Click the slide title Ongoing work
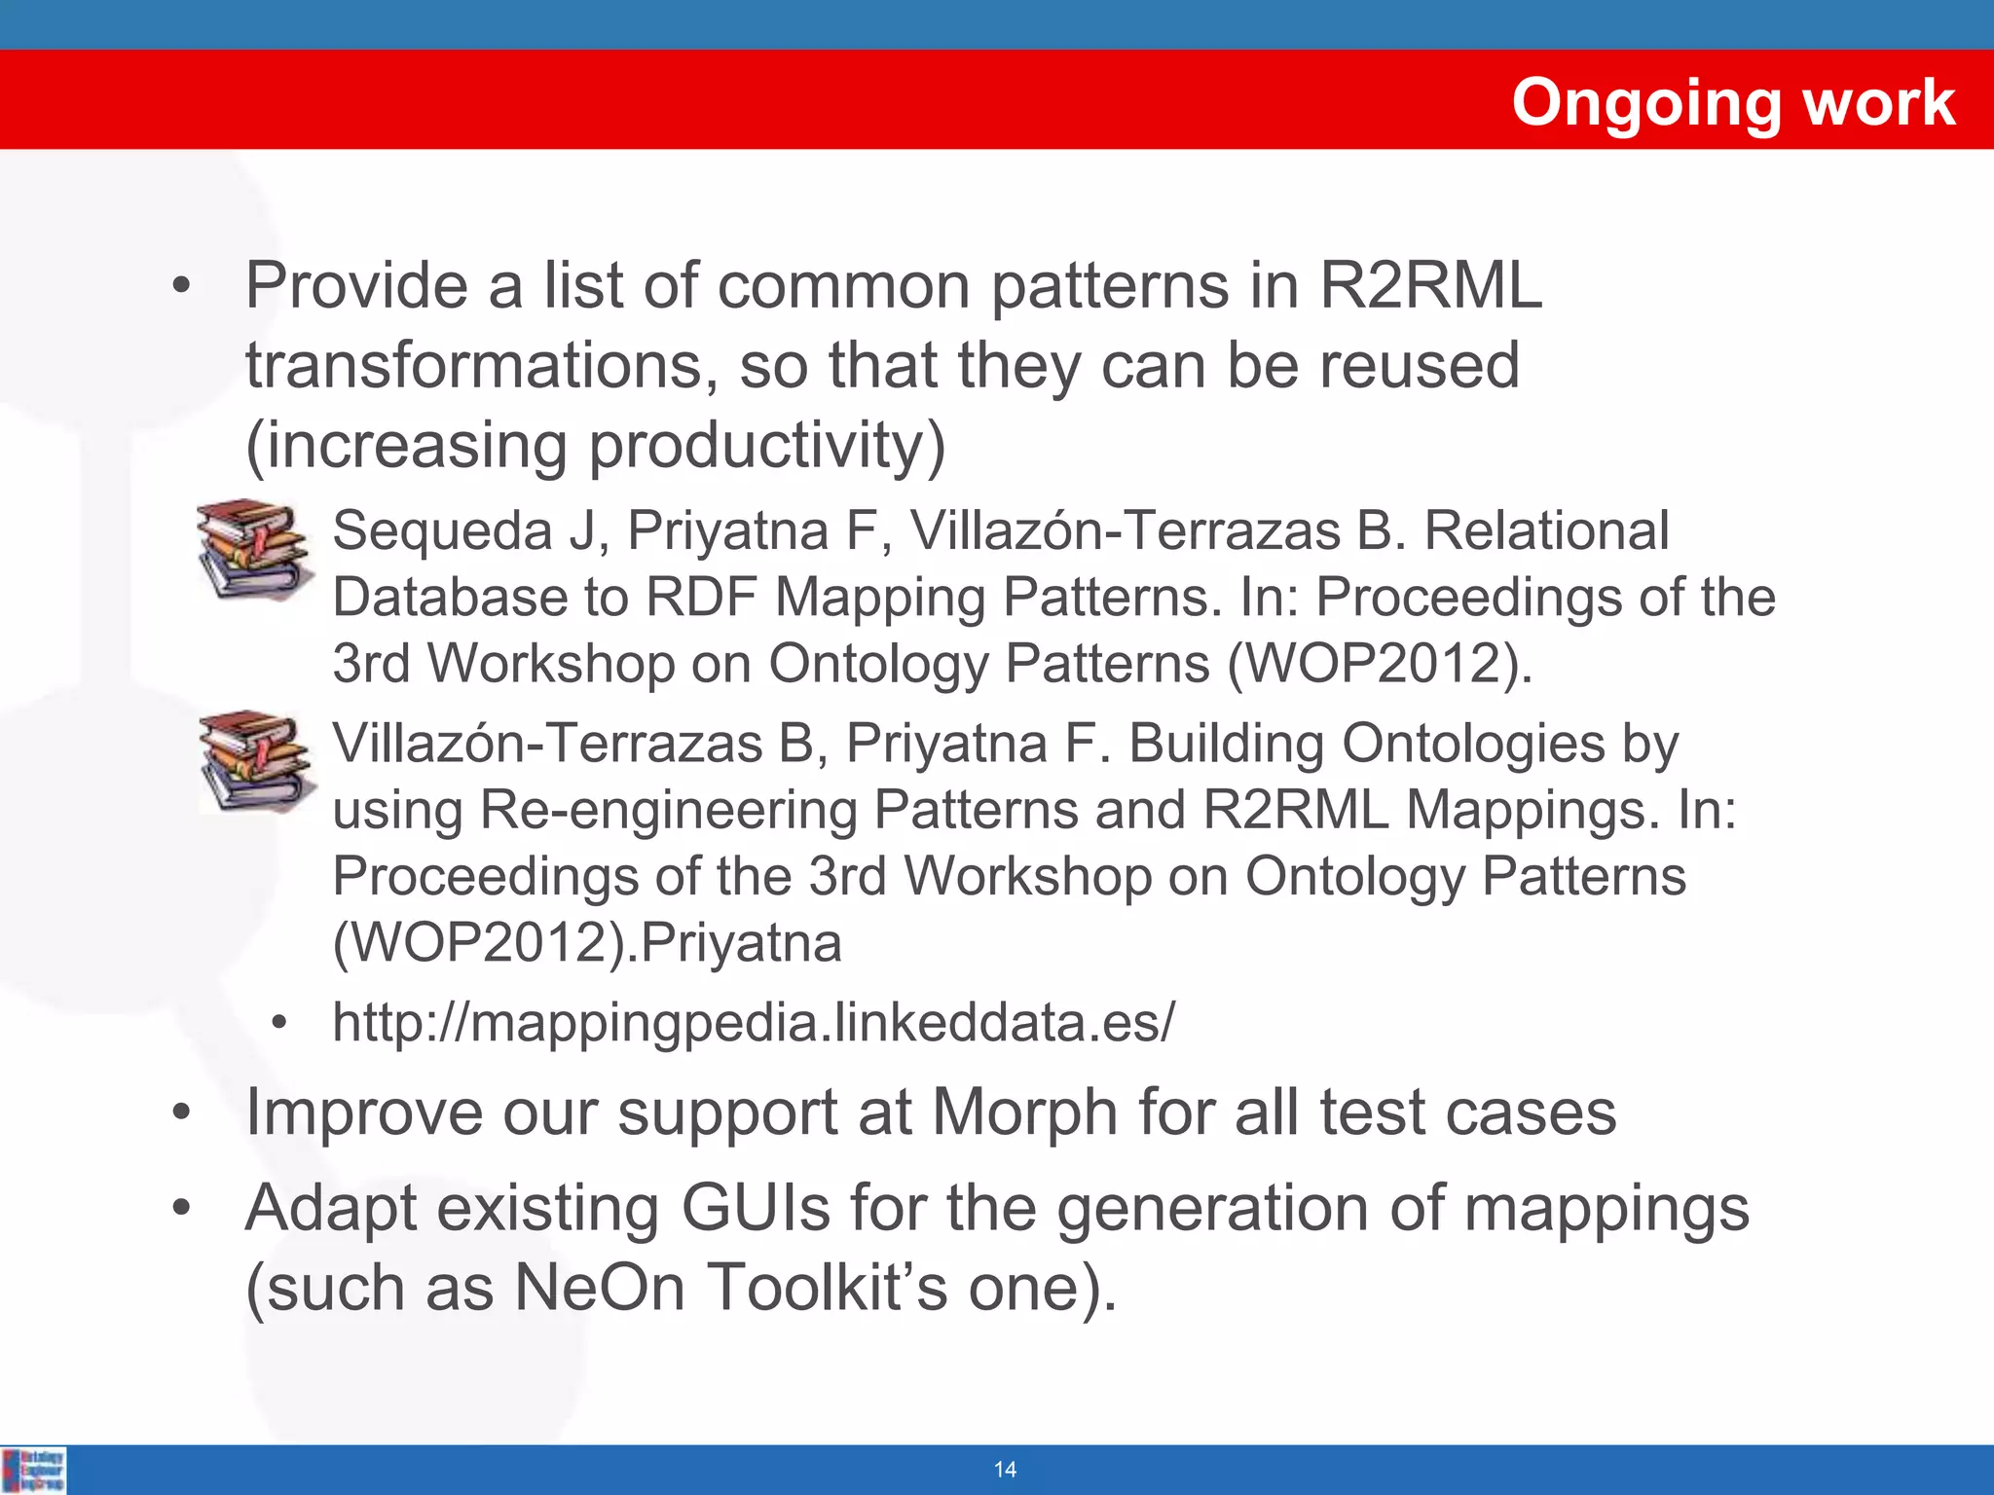[x=1732, y=102]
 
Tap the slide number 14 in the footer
[x=1005, y=1470]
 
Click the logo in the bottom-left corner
[x=34, y=1470]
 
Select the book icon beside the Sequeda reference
[x=254, y=550]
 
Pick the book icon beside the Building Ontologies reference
[x=256, y=761]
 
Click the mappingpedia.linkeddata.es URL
[x=754, y=1023]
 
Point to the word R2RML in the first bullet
[x=1430, y=286]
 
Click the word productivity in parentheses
[x=755, y=446]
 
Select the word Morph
[x=1024, y=1112]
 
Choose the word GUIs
[x=756, y=1209]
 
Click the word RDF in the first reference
[x=701, y=598]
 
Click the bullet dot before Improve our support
[x=180, y=1113]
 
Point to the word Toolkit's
[x=827, y=1288]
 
